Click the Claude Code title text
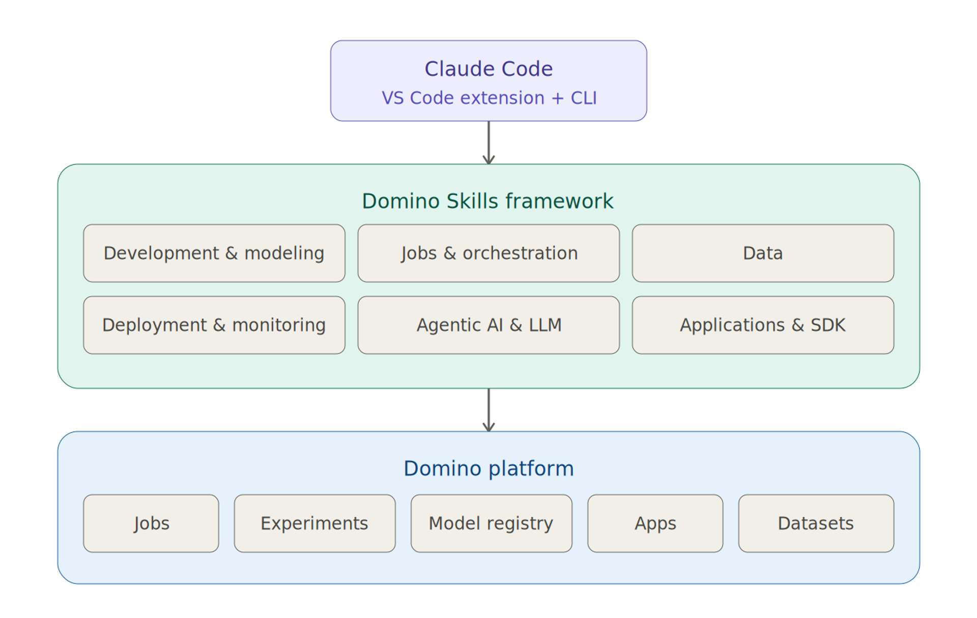489,69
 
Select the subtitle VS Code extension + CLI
489,98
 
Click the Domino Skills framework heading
487,201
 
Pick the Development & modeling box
214,253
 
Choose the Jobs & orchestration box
489,253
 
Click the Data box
763,253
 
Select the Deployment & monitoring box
214,325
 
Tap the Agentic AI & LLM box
489,325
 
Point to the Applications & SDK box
763,325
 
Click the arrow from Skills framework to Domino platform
489,410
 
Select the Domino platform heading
489,468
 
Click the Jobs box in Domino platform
151,523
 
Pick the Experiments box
314,523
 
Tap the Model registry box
491,523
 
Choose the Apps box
655,523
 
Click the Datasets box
816,523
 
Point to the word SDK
828,325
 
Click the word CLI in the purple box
583,98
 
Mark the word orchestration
520,253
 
